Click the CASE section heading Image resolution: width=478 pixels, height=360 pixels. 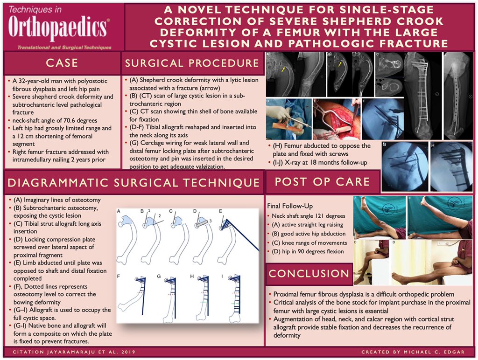click(x=62, y=63)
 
